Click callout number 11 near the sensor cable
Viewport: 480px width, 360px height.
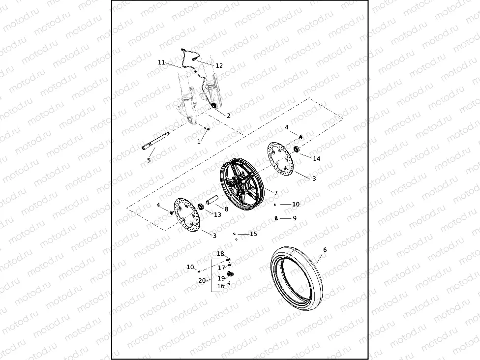click(x=161, y=62)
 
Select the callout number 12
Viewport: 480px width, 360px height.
click(x=219, y=66)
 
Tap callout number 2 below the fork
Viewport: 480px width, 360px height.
click(x=228, y=116)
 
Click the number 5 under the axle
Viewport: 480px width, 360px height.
click(x=149, y=160)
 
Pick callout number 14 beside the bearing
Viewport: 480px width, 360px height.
click(x=316, y=159)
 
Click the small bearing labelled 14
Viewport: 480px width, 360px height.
click(x=297, y=149)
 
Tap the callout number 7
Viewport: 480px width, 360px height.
click(x=276, y=193)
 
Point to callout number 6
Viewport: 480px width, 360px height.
click(x=325, y=250)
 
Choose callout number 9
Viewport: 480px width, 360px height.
click(x=295, y=218)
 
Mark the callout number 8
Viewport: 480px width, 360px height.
click(x=226, y=209)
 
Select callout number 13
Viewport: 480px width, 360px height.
click(x=217, y=214)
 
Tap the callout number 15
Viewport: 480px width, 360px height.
click(x=253, y=234)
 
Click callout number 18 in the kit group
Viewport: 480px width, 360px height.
click(x=220, y=254)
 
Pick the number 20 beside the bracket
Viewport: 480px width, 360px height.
click(x=202, y=281)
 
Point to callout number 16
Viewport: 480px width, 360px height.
click(x=221, y=286)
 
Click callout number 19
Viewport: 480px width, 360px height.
click(x=221, y=278)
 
